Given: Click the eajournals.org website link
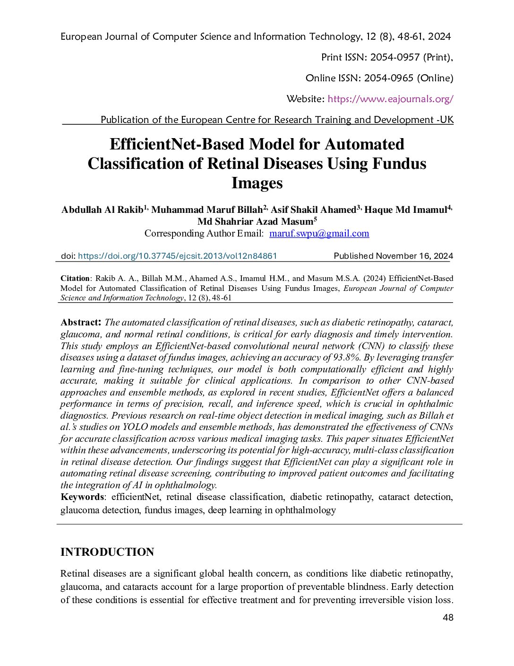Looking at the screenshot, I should pyautogui.click(x=390, y=99).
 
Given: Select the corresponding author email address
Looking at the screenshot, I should pyautogui.click(x=319, y=233).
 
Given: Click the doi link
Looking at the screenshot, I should pyautogui.click(x=177, y=256).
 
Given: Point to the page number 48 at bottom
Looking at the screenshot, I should pyautogui.click(x=448, y=617).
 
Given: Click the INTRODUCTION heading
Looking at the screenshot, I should pyautogui.click(x=107, y=552).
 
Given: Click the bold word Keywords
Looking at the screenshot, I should pyautogui.click(x=82, y=497).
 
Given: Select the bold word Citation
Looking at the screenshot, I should pyautogui.click(x=75, y=278).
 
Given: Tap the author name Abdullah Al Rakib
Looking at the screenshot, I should pyautogui.click(x=102, y=210).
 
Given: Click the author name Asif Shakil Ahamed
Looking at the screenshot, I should pyautogui.click(x=313, y=210).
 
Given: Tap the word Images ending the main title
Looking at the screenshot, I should pyautogui.click(x=257, y=183).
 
